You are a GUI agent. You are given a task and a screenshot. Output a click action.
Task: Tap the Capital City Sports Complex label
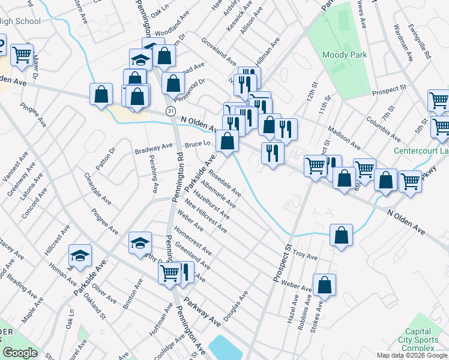tap(418, 340)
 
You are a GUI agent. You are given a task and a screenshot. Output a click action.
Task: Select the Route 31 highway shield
tap(172, 112)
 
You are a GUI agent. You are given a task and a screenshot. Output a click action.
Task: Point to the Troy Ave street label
tap(305, 256)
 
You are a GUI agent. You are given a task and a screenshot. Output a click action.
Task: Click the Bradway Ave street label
tap(153, 148)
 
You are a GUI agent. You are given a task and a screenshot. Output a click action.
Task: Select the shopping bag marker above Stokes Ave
tap(324, 285)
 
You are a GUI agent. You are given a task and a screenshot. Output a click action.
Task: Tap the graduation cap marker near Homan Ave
tap(80, 255)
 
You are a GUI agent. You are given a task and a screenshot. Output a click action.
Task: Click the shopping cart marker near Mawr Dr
tap(22, 54)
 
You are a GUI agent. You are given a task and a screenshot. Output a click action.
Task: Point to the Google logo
tap(20, 353)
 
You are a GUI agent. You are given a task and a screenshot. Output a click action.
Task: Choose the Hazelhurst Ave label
tap(214, 205)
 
